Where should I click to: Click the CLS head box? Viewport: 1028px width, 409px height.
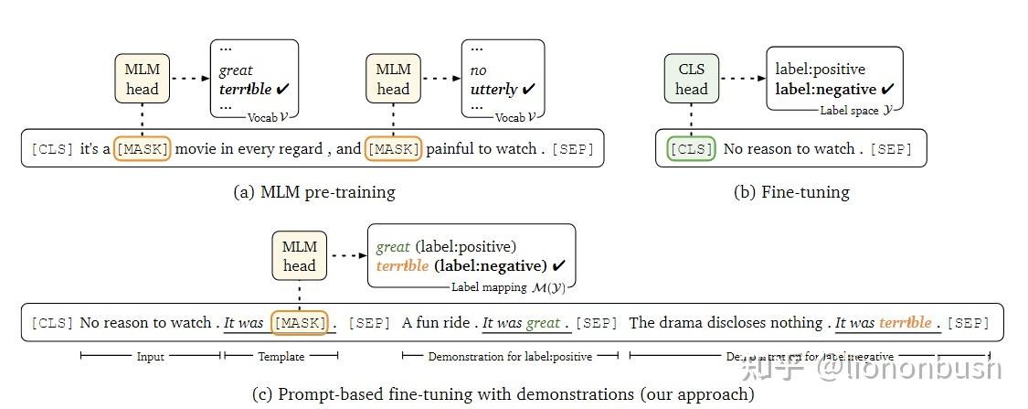pyautogui.click(x=691, y=79)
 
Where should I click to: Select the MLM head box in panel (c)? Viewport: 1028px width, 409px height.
pyautogui.click(x=299, y=256)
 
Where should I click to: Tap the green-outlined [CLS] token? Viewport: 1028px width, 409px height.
pyautogui.click(x=690, y=149)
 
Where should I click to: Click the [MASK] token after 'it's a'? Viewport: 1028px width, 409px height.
pyautogui.click(x=142, y=149)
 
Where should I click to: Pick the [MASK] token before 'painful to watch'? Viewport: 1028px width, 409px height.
pyautogui.click(x=393, y=149)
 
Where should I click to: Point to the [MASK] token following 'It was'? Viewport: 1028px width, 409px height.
pyautogui.click(x=299, y=323)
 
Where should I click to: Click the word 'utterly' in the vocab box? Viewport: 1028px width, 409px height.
pyautogui.click(x=493, y=89)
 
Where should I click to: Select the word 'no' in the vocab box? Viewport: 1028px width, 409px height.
pyautogui.click(x=478, y=70)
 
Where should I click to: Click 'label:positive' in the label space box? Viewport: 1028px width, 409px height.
pyautogui.click(x=820, y=69)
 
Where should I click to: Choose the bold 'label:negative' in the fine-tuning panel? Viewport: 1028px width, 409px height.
pyautogui.click(x=825, y=89)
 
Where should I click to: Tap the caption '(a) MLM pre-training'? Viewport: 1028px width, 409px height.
pyautogui.click(x=314, y=192)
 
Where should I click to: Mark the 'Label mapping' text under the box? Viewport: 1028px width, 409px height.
pyautogui.click(x=489, y=287)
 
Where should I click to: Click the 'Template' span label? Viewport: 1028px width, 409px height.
pyautogui.click(x=281, y=356)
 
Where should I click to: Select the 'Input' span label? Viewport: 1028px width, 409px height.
pyautogui.click(x=151, y=356)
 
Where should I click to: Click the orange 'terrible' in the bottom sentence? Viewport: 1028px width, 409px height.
pyautogui.click(x=906, y=323)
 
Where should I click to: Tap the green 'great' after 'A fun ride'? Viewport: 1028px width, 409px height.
pyautogui.click(x=543, y=323)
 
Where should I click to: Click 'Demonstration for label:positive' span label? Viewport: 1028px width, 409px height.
pyautogui.click(x=510, y=356)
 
